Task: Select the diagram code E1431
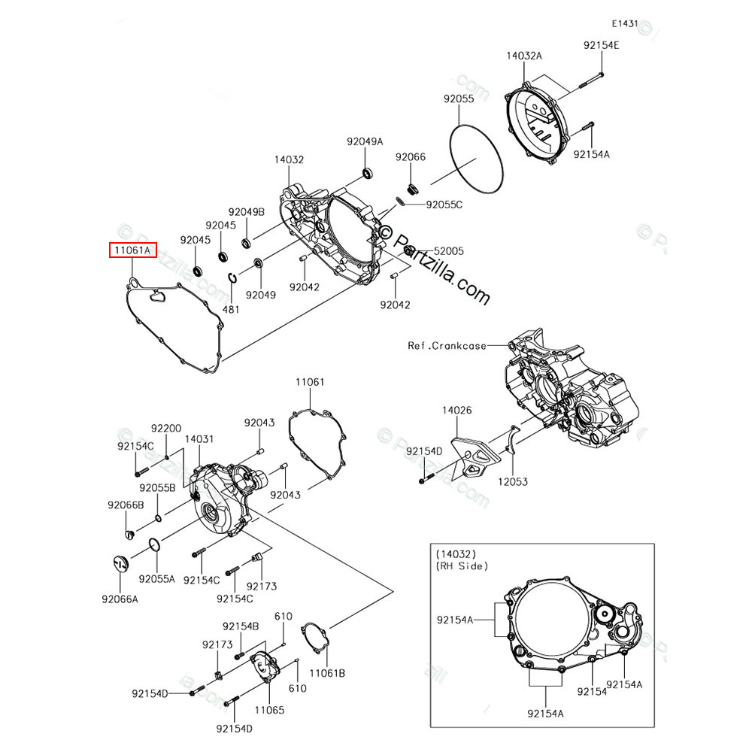click(623, 24)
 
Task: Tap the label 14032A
click(523, 56)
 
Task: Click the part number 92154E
click(601, 45)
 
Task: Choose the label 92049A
click(365, 141)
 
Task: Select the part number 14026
click(456, 411)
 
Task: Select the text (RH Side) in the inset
click(462, 566)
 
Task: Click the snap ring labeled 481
click(234, 280)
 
